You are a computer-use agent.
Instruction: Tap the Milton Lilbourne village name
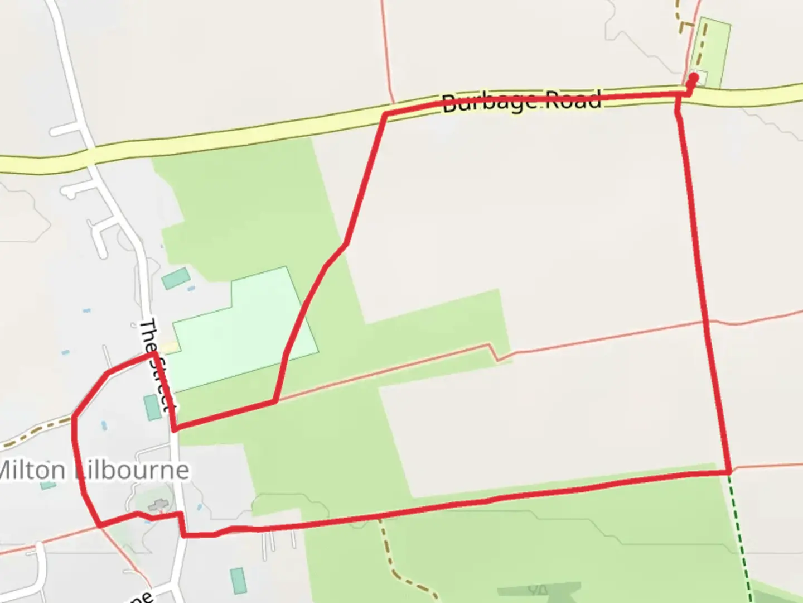93,470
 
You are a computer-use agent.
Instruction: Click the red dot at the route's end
694,78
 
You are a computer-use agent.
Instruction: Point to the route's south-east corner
729,472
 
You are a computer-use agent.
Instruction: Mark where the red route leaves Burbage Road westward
385,114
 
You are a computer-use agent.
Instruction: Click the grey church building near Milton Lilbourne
158,505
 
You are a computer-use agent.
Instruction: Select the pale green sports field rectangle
245,329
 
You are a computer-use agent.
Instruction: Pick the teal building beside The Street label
152,407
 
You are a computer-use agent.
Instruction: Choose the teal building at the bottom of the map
238,581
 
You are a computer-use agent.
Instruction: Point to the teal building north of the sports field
176,277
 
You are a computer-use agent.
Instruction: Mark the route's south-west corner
99,525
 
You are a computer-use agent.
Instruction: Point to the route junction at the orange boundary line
274,400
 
